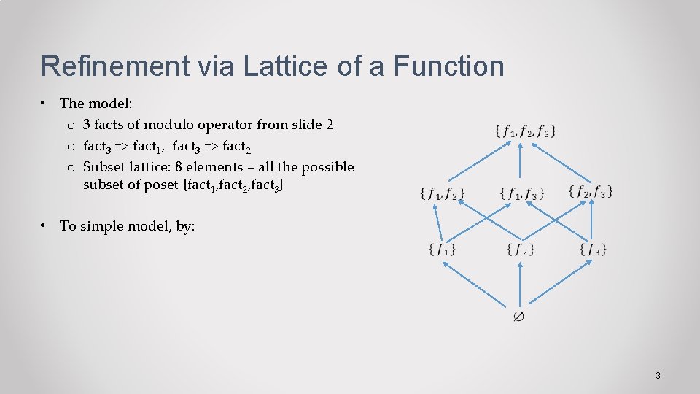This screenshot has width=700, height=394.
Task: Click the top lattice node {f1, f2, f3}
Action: point(525,132)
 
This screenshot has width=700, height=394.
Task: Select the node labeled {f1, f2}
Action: point(442,193)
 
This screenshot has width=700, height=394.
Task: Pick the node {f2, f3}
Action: point(590,192)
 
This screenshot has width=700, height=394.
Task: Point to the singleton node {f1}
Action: point(442,250)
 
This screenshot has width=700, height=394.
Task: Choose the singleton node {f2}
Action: point(520,250)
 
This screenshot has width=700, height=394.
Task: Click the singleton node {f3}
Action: point(594,250)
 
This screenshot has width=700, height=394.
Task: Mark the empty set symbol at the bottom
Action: point(519,316)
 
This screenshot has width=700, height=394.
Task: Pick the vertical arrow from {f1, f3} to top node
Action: point(519,162)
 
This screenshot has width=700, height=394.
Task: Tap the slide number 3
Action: point(658,376)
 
